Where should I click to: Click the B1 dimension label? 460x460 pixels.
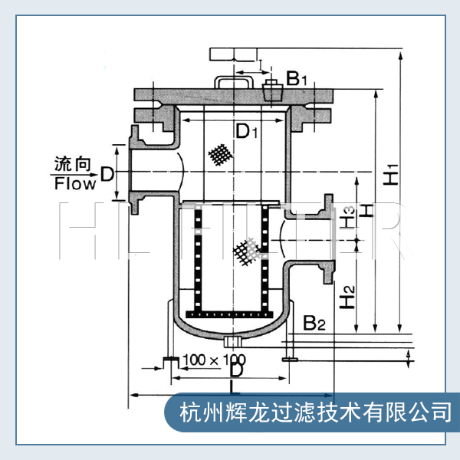tap(297, 77)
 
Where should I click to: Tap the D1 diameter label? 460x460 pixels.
tap(245, 132)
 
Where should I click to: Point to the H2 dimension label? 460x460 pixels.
tap(348, 294)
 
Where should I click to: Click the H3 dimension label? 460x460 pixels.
tap(349, 217)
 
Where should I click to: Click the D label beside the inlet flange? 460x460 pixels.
tap(107, 175)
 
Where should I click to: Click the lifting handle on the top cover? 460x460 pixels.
tap(234, 80)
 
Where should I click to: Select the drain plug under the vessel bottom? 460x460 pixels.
tap(234, 339)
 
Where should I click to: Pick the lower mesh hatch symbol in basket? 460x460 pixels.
tap(245, 250)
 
